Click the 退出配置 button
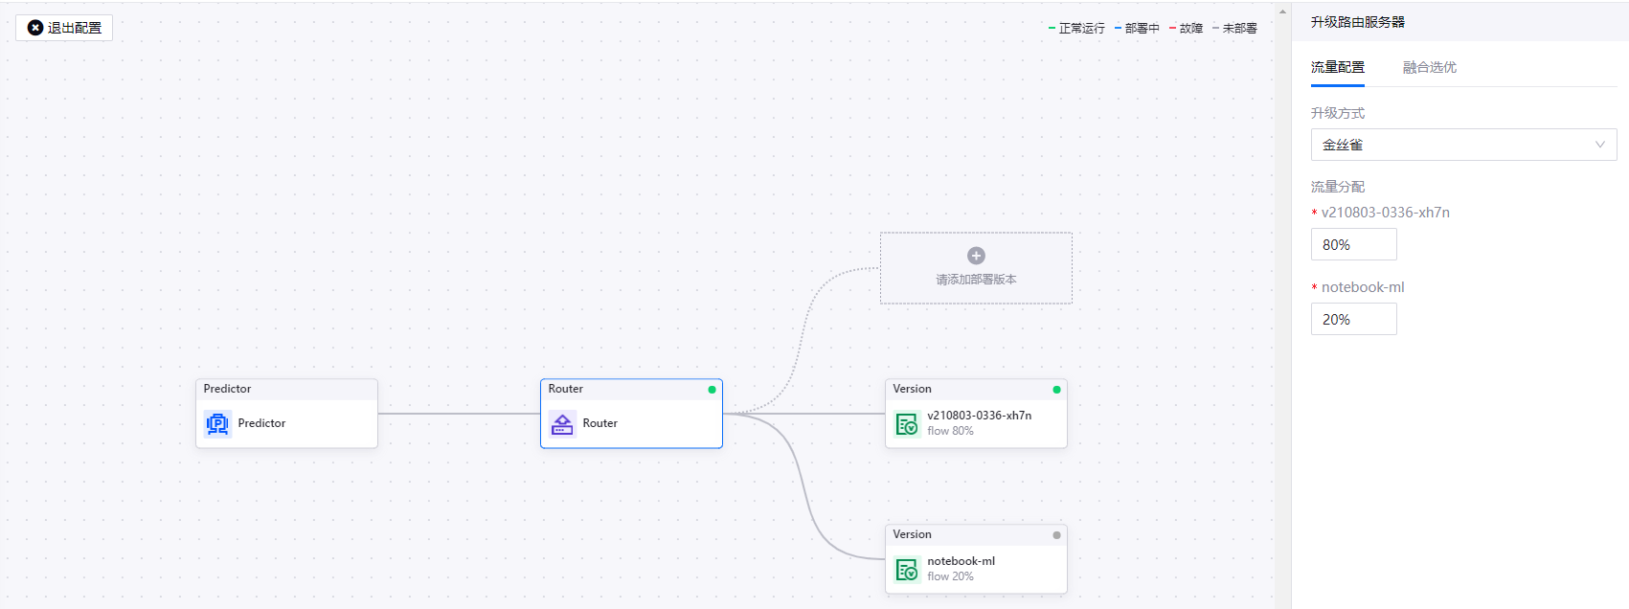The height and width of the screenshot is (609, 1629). tap(64, 28)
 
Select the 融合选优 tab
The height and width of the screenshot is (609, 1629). tap(1429, 67)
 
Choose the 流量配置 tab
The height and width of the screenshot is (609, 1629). tap(1337, 67)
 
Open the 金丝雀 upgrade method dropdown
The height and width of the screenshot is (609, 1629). tap(1462, 145)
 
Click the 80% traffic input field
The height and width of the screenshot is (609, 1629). tap(1353, 244)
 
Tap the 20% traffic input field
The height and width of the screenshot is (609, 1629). tap(1353, 319)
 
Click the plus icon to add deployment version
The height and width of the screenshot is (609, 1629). tap(976, 256)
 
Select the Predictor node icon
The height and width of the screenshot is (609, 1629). tap(217, 423)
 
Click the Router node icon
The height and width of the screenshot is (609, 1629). tap(562, 423)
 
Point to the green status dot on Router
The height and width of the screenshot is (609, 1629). tap(712, 390)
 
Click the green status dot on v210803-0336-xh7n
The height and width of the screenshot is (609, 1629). tap(1056, 390)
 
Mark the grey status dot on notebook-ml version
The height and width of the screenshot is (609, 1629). tap(1056, 535)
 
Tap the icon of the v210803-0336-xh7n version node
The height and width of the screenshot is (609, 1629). tap(906, 423)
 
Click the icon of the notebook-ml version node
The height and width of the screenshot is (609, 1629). tap(906, 569)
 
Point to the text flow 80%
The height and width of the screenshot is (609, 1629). tap(950, 431)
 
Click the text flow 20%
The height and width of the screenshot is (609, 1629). tap(950, 576)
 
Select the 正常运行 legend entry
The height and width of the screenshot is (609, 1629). tap(1081, 29)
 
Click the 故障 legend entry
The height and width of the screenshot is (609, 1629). tap(1190, 29)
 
